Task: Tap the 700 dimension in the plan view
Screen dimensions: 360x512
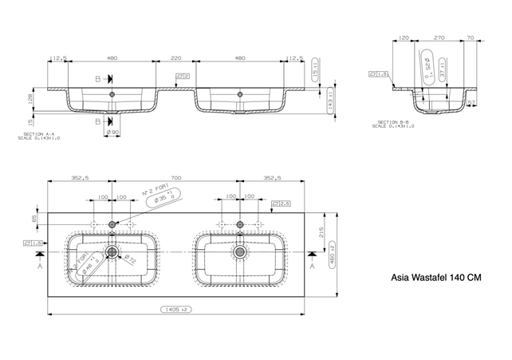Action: click(175, 180)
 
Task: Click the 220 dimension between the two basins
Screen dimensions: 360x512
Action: click(175, 58)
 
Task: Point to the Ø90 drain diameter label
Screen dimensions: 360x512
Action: click(112, 132)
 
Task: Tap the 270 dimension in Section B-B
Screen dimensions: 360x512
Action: click(439, 38)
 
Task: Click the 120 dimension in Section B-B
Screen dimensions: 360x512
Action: click(404, 38)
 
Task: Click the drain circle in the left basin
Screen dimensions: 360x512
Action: click(112, 252)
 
